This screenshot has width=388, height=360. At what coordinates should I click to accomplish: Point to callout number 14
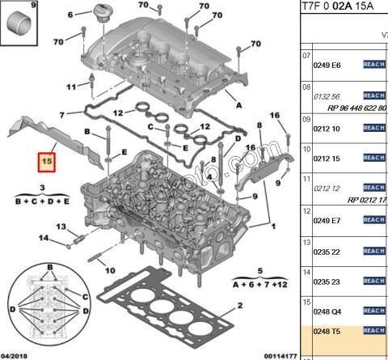(44, 237)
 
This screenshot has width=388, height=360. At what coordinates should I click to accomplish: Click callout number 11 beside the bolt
(70, 87)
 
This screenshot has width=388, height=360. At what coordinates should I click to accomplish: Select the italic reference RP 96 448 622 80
(349, 107)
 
